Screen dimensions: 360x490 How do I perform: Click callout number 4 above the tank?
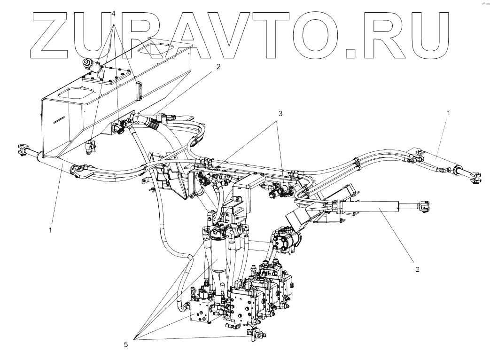tap(113, 13)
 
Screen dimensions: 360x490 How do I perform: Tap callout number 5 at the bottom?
tap(126, 344)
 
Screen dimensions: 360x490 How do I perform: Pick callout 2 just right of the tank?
tap(218, 67)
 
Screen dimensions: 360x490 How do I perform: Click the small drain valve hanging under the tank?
tap(90, 147)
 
